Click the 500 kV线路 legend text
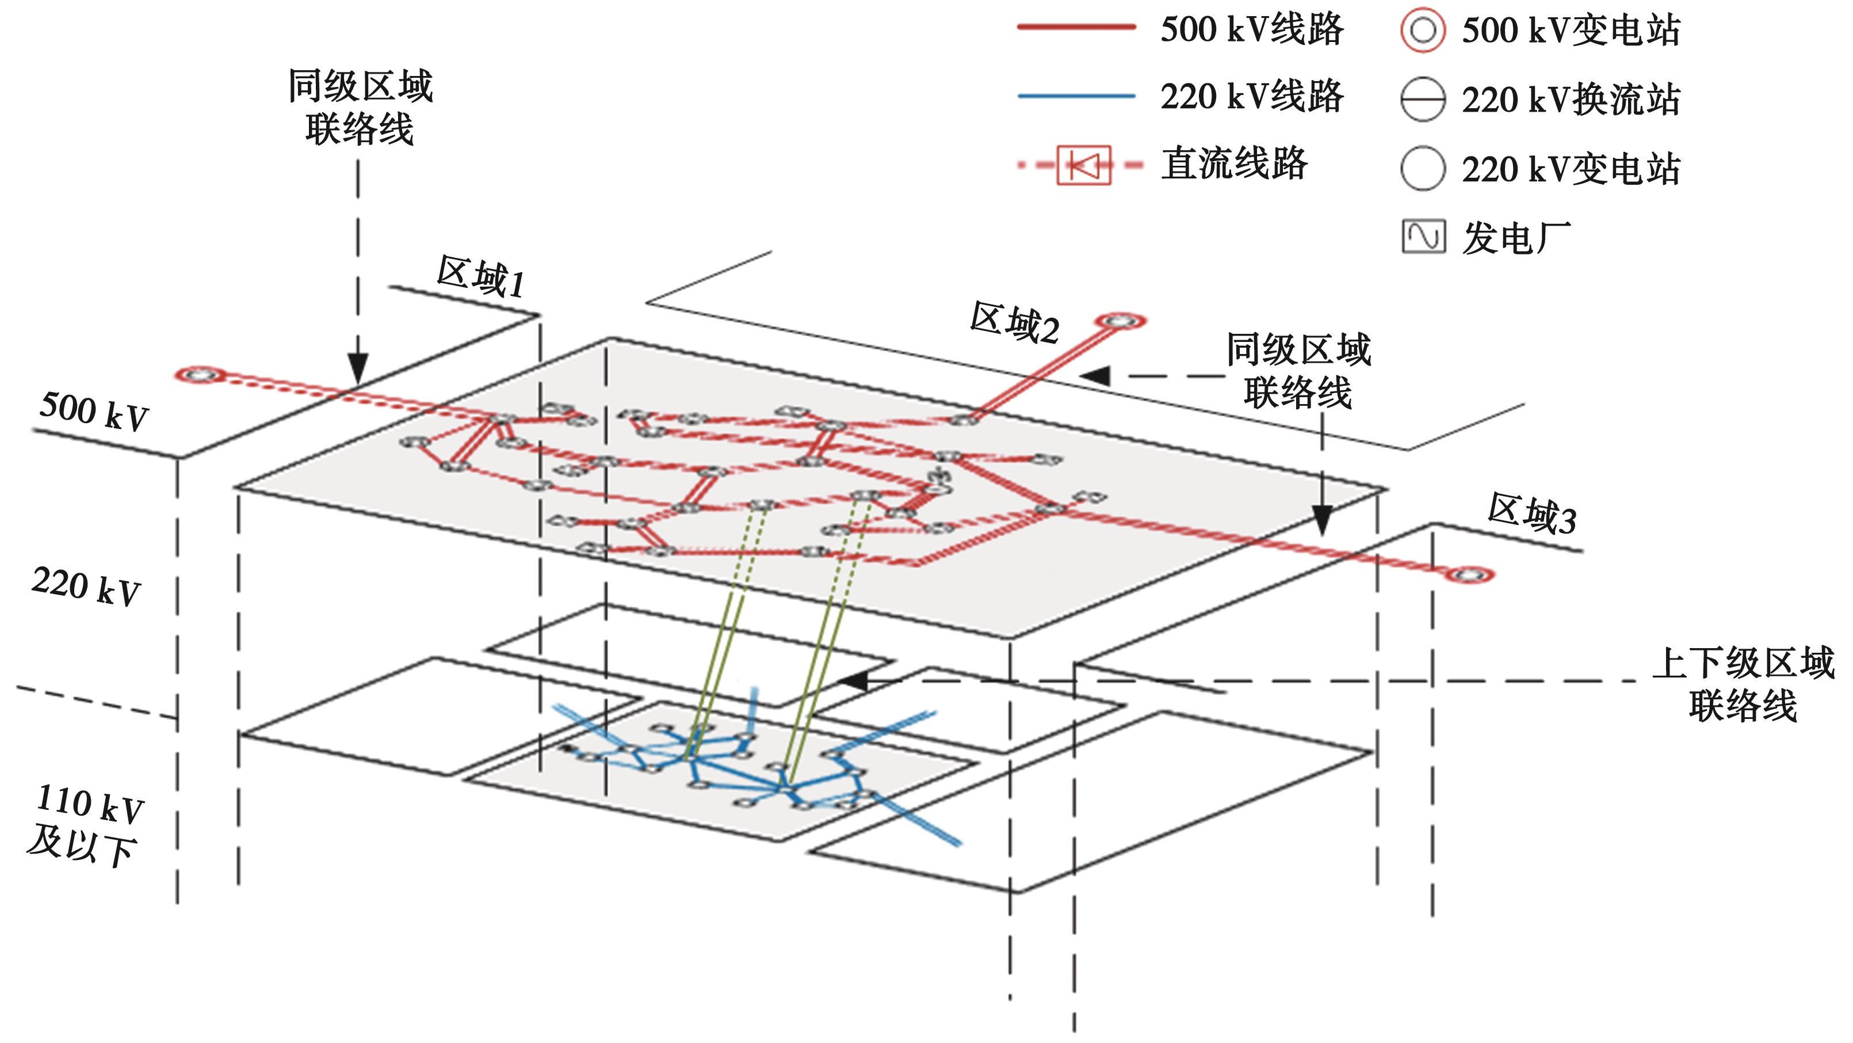click(x=1252, y=31)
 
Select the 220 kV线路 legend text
click(x=1252, y=97)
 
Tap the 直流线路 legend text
click(x=1235, y=164)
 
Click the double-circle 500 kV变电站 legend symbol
click(x=1422, y=31)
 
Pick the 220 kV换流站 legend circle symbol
click(x=1422, y=100)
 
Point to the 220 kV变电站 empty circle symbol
click(x=1422, y=169)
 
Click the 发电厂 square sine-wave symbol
click(x=1423, y=237)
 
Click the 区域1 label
click(x=480, y=276)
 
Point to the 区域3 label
click(x=1531, y=514)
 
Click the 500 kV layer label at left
click(x=94, y=411)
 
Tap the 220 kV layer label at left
click(x=86, y=586)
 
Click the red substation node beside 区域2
click(x=1120, y=320)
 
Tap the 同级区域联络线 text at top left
click(x=360, y=108)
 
